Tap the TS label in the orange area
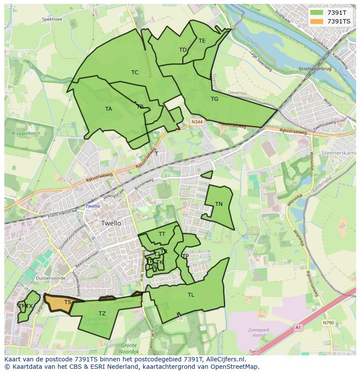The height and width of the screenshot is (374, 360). click(68, 302)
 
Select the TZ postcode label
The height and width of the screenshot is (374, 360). click(102, 314)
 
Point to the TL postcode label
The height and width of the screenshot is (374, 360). click(191, 295)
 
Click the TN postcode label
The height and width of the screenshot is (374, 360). click(219, 204)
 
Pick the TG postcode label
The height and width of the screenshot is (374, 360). click(214, 99)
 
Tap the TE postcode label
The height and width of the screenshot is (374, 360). click(202, 41)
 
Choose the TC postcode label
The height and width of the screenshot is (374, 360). click(135, 73)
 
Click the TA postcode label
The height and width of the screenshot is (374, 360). click(108, 109)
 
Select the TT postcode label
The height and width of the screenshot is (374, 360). click(162, 234)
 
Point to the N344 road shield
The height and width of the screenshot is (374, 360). click(197, 122)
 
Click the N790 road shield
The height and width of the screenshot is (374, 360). click(328, 323)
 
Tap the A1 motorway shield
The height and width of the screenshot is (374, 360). click(297, 327)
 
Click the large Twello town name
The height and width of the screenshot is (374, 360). click(111, 223)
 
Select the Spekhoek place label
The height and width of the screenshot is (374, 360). click(52, 20)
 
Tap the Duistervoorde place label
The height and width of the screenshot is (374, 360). click(51, 278)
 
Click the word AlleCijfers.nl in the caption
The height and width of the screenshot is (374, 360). click(225, 359)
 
